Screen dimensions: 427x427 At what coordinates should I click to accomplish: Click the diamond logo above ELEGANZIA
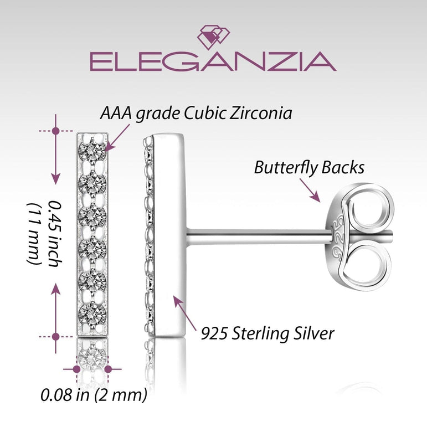pyautogui.click(x=214, y=37)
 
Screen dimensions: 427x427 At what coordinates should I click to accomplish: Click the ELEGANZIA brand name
pyautogui.click(x=213, y=61)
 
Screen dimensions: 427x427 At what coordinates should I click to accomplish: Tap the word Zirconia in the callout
pyautogui.click(x=261, y=113)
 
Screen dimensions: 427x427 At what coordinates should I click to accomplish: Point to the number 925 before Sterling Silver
pyautogui.click(x=214, y=333)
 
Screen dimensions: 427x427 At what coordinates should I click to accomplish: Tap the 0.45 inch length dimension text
pyautogui.click(x=55, y=234)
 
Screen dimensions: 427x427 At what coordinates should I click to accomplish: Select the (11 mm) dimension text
pyautogui.click(x=34, y=234)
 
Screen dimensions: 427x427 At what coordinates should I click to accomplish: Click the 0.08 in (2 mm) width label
pyautogui.click(x=94, y=395)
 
